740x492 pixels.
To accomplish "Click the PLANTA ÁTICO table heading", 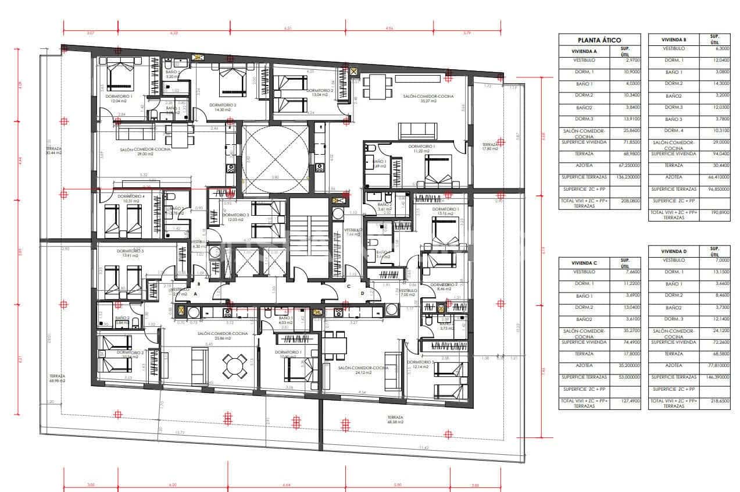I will pyautogui.click(x=599, y=40).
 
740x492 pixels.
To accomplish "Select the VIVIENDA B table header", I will pyautogui.click(x=673, y=40).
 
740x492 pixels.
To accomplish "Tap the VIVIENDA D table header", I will pyautogui.click(x=673, y=251).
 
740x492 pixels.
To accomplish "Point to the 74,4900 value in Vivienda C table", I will pyautogui.click(x=625, y=342).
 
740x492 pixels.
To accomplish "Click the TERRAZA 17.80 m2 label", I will pyautogui.click(x=490, y=146).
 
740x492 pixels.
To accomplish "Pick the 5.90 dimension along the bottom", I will pyautogui.click(x=398, y=484).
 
